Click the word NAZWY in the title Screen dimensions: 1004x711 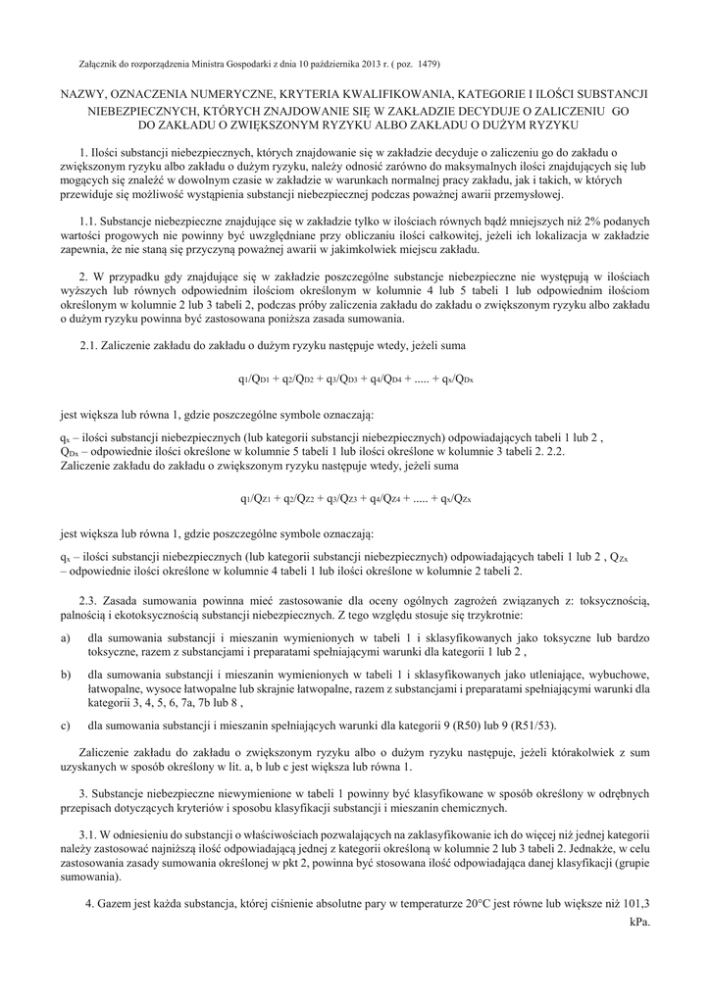click(x=83, y=94)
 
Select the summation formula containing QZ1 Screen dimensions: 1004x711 click(x=354, y=499)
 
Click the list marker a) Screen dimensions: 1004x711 click(x=65, y=638)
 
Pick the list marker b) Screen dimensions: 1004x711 click(x=65, y=675)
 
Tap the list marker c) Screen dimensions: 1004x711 click(x=65, y=726)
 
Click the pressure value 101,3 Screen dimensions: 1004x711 click(x=637, y=903)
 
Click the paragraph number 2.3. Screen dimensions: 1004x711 click(x=88, y=597)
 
